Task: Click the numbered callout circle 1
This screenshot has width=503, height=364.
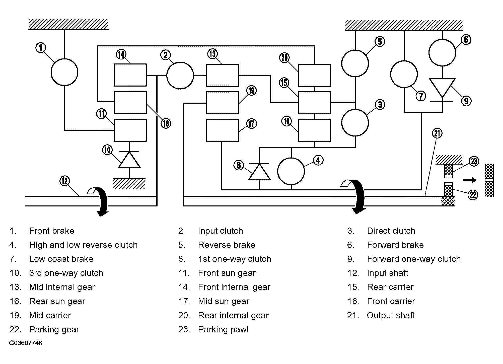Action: coord(41,48)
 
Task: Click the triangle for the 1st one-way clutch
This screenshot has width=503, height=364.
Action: coord(259,172)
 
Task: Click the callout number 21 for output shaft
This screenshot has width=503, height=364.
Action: coord(437,133)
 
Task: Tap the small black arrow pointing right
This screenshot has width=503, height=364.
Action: coord(469,180)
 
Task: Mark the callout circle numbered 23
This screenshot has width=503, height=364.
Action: coord(474,161)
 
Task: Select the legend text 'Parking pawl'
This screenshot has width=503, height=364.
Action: coord(223,329)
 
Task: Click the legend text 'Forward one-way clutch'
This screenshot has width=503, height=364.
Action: coord(414,259)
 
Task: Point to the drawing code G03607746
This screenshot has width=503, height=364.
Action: coord(26,343)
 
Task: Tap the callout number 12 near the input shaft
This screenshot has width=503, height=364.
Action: coord(65,181)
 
